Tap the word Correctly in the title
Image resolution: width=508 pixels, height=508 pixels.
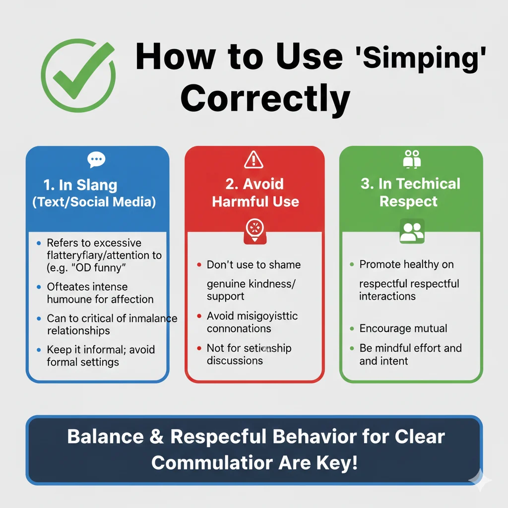(x=265, y=98)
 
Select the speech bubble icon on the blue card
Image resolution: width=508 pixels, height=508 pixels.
(x=96, y=160)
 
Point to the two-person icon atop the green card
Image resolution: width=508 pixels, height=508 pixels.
(x=412, y=159)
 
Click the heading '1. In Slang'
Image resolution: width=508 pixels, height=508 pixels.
(x=80, y=186)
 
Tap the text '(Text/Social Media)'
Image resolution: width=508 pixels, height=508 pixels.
(x=94, y=202)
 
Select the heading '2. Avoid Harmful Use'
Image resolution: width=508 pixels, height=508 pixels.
(x=255, y=192)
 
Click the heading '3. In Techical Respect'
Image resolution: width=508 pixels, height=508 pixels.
(x=410, y=192)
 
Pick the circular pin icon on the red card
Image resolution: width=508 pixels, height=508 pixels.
(x=254, y=230)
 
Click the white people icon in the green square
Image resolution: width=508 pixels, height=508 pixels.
(x=412, y=231)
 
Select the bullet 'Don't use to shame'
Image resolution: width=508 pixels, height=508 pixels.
(x=254, y=264)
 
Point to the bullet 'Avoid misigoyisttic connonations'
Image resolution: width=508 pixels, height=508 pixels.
(x=252, y=322)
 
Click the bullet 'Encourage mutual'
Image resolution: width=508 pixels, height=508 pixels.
(x=403, y=328)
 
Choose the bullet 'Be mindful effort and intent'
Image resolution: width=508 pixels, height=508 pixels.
(x=410, y=354)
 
